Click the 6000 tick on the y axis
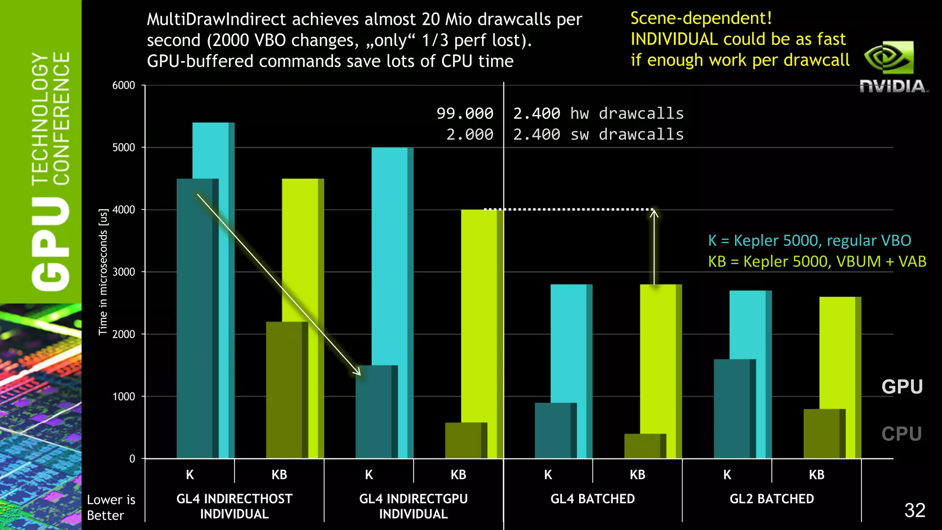click(124, 86)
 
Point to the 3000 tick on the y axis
click(124, 272)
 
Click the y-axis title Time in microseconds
click(103, 272)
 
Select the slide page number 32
click(914, 510)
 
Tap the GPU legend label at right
click(902, 387)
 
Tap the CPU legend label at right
click(902, 434)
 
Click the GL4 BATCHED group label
click(592, 499)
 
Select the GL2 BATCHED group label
click(771, 499)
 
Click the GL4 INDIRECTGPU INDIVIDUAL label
click(413, 506)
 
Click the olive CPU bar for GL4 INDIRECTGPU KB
click(464, 440)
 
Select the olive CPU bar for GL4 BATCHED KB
click(643, 446)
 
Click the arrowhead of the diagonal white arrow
click(358, 373)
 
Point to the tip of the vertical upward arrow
click(654, 211)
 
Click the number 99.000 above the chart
click(465, 113)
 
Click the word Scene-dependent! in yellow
click(701, 18)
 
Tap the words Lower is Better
click(111, 507)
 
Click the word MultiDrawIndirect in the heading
click(216, 19)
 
